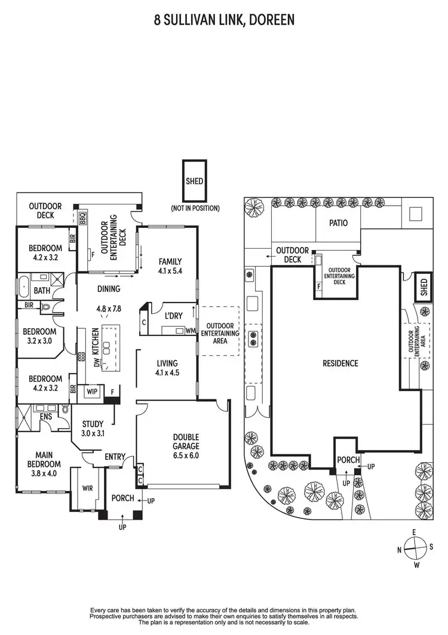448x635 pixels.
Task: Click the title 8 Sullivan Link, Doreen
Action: pyautogui.click(x=224, y=22)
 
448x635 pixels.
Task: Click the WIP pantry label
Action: pyautogui.click(x=92, y=391)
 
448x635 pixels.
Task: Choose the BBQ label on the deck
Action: pyautogui.click(x=83, y=217)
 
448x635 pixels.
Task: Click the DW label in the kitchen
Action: pyautogui.click(x=95, y=362)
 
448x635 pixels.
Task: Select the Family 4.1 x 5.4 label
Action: pyautogui.click(x=170, y=265)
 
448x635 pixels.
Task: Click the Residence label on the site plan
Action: pyautogui.click(x=340, y=363)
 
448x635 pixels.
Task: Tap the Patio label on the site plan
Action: pyautogui.click(x=338, y=223)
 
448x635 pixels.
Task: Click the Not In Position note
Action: pyautogui.click(x=195, y=209)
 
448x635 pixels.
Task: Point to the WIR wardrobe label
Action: pyautogui.click(x=87, y=487)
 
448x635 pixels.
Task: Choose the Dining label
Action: pyautogui.click(x=109, y=289)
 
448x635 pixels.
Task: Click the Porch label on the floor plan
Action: pyautogui.click(x=123, y=498)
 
